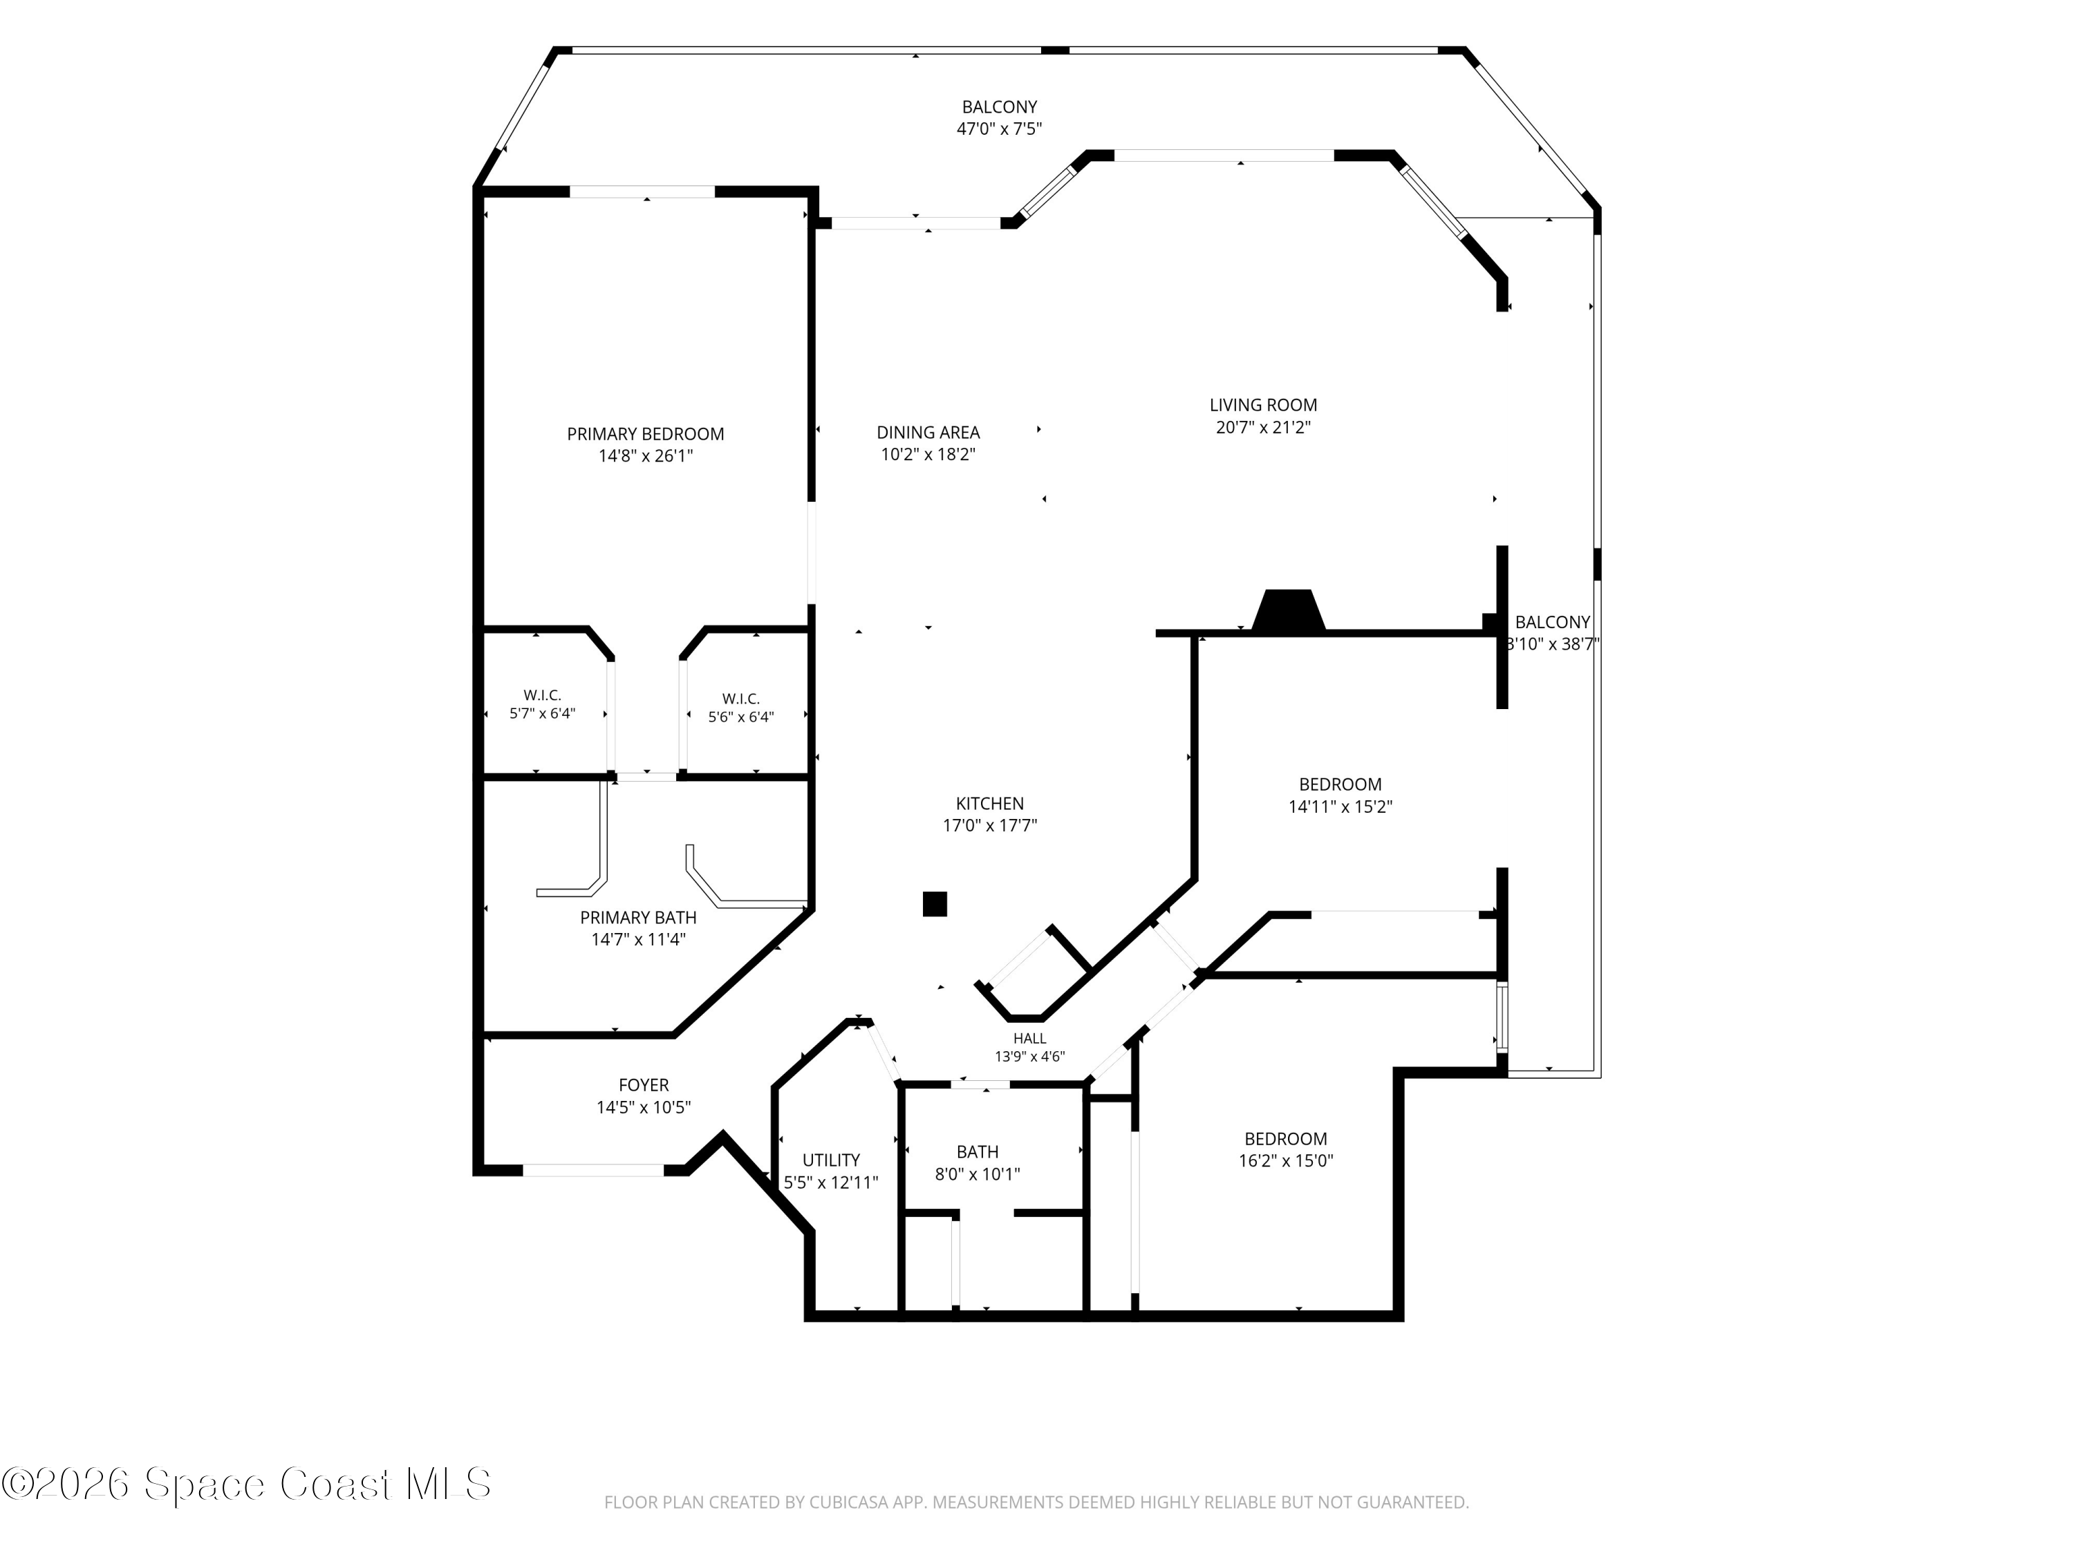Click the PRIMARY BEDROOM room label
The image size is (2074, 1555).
click(645, 434)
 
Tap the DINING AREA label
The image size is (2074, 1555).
click(928, 432)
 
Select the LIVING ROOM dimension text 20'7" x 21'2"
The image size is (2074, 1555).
click(1263, 427)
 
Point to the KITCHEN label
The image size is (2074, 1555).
click(990, 803)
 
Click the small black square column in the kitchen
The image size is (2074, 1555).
click(935, 903)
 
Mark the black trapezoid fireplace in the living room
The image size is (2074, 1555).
click(1288, 610)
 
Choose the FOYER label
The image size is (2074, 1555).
click(643, 1084)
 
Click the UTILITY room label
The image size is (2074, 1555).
click(831, 1160)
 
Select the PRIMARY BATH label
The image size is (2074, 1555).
click(637, 918)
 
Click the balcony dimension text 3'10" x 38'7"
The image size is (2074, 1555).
click(1552, 644)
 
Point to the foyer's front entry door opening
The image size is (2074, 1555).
click(592, 1170)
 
